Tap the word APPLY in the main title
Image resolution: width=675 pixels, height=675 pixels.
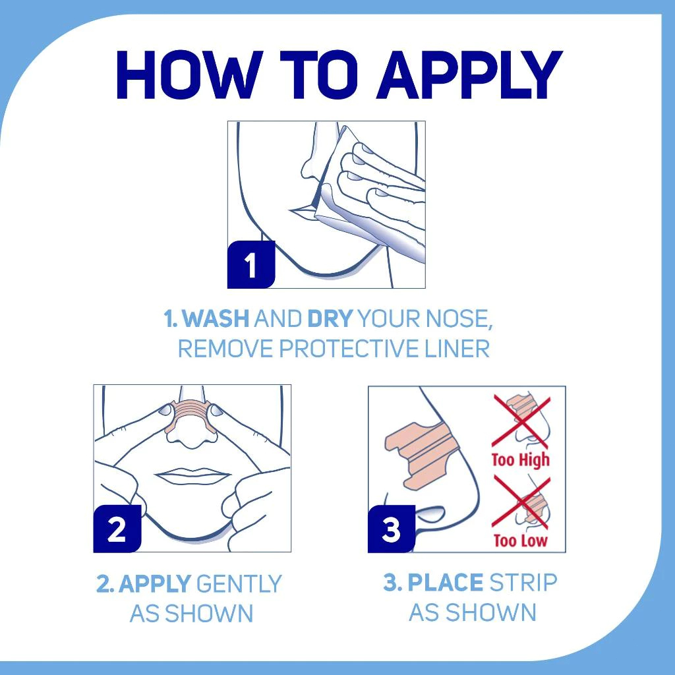pyautogui.click(x=470, y=74)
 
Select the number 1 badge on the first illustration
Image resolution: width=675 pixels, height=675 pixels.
pyautogui.click(x=251, y=264)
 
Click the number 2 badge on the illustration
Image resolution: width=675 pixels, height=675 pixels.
pyautogui.click(x=117, y=529)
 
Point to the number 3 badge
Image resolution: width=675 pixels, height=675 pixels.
pyautogui.click(x=392, y=529)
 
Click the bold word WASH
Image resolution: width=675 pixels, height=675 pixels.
pyautogui.click(x=216, y=318)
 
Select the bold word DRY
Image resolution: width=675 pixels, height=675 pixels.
pyautogui.click(x=330, y=318)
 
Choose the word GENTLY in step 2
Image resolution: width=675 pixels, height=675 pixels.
pyautogui.click(x=239, y=584)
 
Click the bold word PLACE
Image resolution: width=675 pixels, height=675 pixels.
pyautogui.click(x=445, y=583)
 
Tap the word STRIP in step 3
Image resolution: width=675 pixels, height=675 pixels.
pyautogui.click(x=523, y=583)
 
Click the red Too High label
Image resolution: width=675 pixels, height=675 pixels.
pyautogui.click(x=521, y=459)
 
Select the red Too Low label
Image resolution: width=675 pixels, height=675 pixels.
pyautogui.click(x=521, y=540)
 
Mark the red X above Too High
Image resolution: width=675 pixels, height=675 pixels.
pyautogui.click(x=521, y=421)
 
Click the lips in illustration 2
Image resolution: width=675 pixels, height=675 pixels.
pyautogui.click(x=193, y=475)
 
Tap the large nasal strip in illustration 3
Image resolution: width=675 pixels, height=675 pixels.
pyautogui.click(x=421, y=457)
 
